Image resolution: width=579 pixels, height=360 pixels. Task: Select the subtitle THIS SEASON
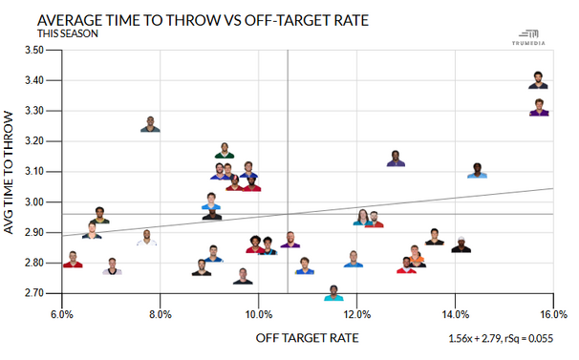pos(68,33)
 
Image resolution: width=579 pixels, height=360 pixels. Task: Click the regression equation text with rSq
pos(501,339)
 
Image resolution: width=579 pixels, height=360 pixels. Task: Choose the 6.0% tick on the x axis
pos(62,313)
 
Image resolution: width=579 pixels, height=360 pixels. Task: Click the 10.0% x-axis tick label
pos(258,313)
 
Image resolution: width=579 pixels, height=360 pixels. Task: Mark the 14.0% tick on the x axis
pos(455,313)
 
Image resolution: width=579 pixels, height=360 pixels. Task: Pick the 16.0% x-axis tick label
pos(552,313)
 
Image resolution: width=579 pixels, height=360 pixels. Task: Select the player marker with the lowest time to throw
pos(334,293)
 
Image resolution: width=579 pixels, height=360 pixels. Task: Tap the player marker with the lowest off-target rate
pos(72,260)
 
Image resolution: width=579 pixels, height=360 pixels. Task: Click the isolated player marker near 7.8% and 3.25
pos(150,124)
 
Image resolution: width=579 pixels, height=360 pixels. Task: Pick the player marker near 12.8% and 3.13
pos(396,159)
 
